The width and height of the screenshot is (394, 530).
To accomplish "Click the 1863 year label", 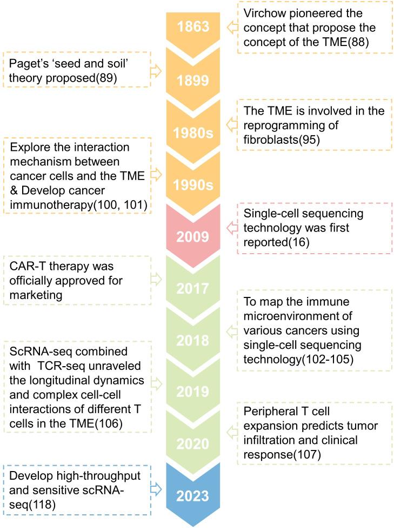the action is pos(193,27).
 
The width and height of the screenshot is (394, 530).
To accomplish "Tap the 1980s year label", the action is pos(193,133).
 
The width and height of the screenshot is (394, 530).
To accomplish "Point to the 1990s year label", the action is pos(193,185).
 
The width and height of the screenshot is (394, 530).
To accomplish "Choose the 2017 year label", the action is pos(193,289).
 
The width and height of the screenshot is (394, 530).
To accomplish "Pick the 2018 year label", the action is pos(193,340).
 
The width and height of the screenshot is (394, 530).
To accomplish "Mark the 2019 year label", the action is pos(193,392).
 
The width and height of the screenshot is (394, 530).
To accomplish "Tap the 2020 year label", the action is pos(193,444).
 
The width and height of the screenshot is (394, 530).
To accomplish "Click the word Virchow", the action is pos(265,13).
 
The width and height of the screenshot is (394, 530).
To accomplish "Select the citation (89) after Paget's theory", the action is pos(106,78).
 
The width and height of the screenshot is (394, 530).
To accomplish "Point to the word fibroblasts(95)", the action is pos(282,140).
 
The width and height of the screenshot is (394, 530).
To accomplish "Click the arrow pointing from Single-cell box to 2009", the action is pos(232,228).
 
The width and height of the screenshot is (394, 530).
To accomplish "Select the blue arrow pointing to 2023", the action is pos(156,489).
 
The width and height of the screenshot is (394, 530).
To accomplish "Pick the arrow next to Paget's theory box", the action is pos(156,71).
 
